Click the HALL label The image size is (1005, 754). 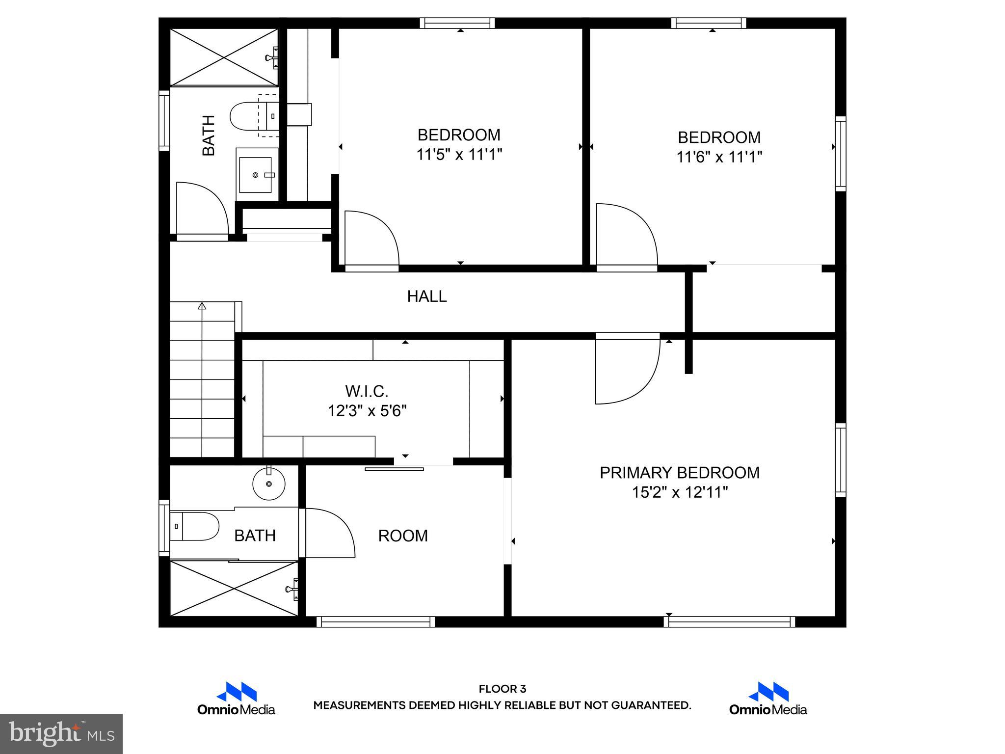(427, 296)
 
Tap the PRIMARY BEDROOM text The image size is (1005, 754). (680, 473)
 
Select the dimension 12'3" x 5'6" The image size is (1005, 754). (367, 411)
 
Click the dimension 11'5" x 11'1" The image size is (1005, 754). (459, 155)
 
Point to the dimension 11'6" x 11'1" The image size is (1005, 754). (719, 157)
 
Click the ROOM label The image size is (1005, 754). (403, 536)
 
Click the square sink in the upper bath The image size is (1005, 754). (255, 175)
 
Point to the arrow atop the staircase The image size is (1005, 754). (202, 306)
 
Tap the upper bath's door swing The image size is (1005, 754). (201, 209)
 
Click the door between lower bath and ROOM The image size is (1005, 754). (328, 533)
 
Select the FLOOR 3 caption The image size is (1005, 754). (502, 689)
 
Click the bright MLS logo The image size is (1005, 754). (61, 733)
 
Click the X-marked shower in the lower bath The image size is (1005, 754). (234, 588)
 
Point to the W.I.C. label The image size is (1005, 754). (367, 392)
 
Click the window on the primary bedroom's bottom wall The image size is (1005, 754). (729, 621)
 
